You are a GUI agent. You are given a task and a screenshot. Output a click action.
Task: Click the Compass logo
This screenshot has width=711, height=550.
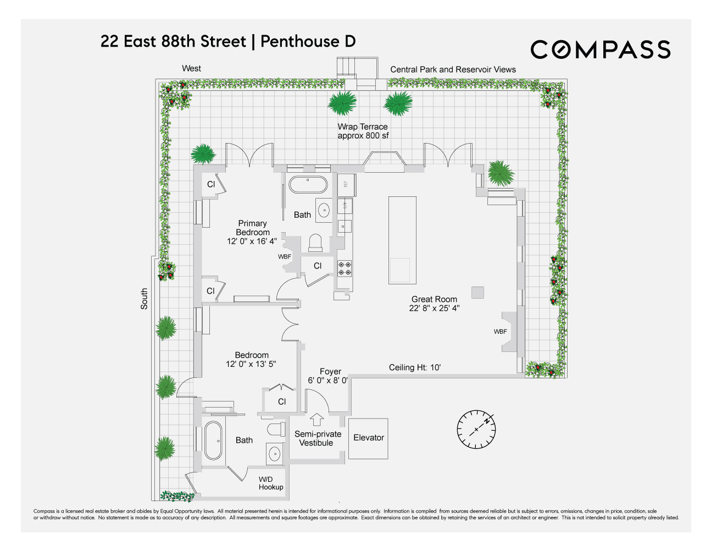click(600, 50)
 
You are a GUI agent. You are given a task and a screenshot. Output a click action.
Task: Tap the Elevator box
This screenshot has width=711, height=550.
click(369, 438)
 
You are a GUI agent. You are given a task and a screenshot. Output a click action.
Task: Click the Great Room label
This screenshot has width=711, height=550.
click(434, 304)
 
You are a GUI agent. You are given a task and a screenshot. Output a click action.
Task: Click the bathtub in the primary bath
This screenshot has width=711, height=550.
click(308, 185)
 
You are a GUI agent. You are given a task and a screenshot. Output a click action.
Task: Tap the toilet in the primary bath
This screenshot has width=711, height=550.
click(315, 242)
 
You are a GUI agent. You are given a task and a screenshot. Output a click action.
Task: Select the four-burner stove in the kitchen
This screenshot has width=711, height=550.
click(345, 268)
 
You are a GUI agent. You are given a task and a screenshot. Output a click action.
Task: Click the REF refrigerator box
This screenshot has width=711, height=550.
click(346, 184)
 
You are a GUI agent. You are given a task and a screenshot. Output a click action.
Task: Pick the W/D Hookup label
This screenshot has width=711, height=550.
click(271, 483)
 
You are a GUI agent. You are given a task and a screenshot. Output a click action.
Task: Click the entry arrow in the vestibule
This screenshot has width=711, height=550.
click(317, 419)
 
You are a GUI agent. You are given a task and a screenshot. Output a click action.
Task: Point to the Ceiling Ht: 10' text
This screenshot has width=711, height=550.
click(415, 367)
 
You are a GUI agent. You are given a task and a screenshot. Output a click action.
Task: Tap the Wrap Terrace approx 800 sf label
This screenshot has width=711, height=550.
click(363, 131)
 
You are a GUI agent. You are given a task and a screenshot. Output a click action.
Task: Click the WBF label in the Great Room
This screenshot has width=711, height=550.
click(500, 332)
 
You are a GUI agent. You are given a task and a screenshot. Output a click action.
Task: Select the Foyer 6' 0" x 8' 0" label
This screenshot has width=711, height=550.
click(329, 376)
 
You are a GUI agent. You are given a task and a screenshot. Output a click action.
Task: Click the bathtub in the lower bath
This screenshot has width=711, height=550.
click(213, 441)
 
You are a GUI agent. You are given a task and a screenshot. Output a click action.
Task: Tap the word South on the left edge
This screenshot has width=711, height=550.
click(144, 299)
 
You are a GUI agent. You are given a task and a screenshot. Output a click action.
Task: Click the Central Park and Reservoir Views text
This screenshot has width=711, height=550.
click(453, 69)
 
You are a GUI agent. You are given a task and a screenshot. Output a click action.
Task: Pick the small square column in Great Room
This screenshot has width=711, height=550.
click(477, 292)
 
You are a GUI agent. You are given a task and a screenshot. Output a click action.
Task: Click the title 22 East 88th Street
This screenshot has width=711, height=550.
click(174, 42)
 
